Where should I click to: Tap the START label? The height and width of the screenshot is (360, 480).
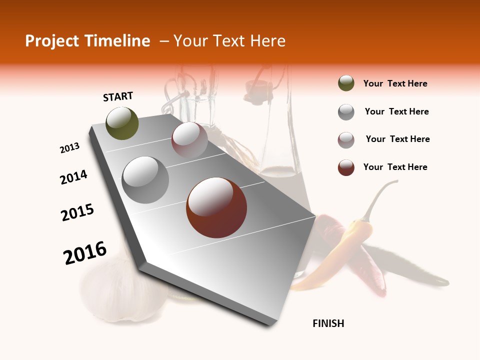click(x=118, y=96)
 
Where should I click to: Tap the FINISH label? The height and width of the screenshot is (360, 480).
click(x=328, y=323)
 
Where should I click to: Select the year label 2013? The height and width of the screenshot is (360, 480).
click(x=69, y=148)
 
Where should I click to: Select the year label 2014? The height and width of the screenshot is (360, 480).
click(x=73, y=177)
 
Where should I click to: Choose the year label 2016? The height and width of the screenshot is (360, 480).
click(x=85, y=253)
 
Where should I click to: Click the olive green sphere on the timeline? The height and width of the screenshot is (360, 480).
click(x=122, y=123)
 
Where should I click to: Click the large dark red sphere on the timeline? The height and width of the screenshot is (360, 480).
click(x=216, y=207)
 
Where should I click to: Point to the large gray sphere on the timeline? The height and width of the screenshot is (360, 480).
click(x=145, y=179)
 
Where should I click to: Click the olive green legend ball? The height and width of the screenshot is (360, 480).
click(x=346, y=83)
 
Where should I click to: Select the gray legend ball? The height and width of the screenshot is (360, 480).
click(x=346, y=112)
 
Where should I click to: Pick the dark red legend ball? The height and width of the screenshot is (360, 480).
click(x=346, y=167)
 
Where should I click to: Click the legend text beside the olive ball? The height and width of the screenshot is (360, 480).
click(x=395, y=83)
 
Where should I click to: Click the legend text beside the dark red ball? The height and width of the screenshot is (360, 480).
click(x=395, y=167)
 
